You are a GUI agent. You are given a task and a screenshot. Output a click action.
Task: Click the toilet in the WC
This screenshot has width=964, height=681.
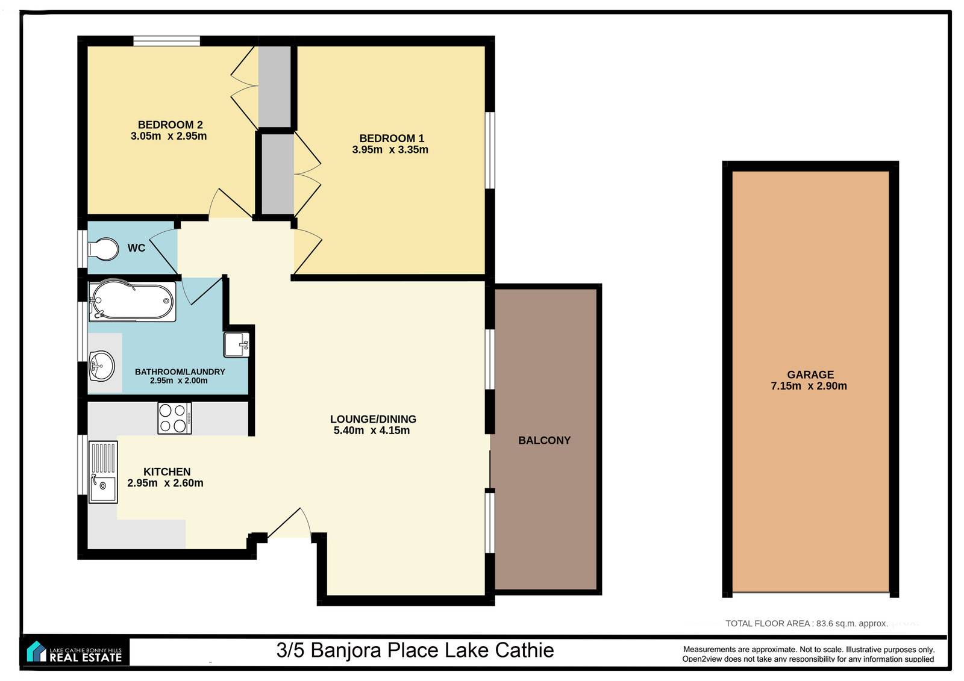click(x=103, y=249)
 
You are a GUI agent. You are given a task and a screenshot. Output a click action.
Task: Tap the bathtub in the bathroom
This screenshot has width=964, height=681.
click(x=132, y=301)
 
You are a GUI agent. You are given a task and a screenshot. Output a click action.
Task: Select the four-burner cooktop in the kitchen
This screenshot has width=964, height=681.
click(x=174, y=418)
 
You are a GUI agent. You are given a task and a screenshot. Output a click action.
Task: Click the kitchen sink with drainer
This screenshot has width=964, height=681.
click(x=103, y=472)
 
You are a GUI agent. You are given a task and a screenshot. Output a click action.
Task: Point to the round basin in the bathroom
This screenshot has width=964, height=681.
click(x=102, y=365)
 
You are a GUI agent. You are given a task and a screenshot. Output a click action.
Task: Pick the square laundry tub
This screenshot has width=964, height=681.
click(x=237, y=344)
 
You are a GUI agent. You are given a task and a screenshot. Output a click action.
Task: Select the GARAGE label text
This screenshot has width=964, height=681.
click(x=810, y=375)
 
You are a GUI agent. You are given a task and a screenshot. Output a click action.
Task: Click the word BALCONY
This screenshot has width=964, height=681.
click(x=545, y=440)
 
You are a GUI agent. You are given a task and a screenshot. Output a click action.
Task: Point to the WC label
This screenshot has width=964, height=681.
click(x=136, y=248)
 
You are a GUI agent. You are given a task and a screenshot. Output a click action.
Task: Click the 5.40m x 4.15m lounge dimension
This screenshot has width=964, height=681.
click(x=372, y=430)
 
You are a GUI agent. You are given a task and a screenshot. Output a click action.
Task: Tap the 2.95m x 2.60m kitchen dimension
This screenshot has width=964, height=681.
click(x=165, y=483)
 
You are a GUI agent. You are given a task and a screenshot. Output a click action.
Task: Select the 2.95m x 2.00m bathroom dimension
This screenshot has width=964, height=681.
click(x=178, y=381)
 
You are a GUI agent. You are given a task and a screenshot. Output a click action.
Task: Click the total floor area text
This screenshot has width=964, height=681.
click(x=807, y=623)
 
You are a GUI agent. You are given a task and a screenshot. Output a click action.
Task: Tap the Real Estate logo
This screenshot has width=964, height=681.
click(x=75, y=651)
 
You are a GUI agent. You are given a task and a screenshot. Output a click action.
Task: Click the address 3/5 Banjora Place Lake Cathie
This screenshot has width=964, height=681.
click(x=415, y=650)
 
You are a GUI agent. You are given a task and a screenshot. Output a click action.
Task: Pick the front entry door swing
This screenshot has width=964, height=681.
click(x=289, y=522)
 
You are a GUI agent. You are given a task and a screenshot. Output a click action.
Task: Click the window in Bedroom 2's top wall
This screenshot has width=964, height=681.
click(x=166, y=42)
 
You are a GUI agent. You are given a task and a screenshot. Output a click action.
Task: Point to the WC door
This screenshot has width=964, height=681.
click(x=163, y=251)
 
